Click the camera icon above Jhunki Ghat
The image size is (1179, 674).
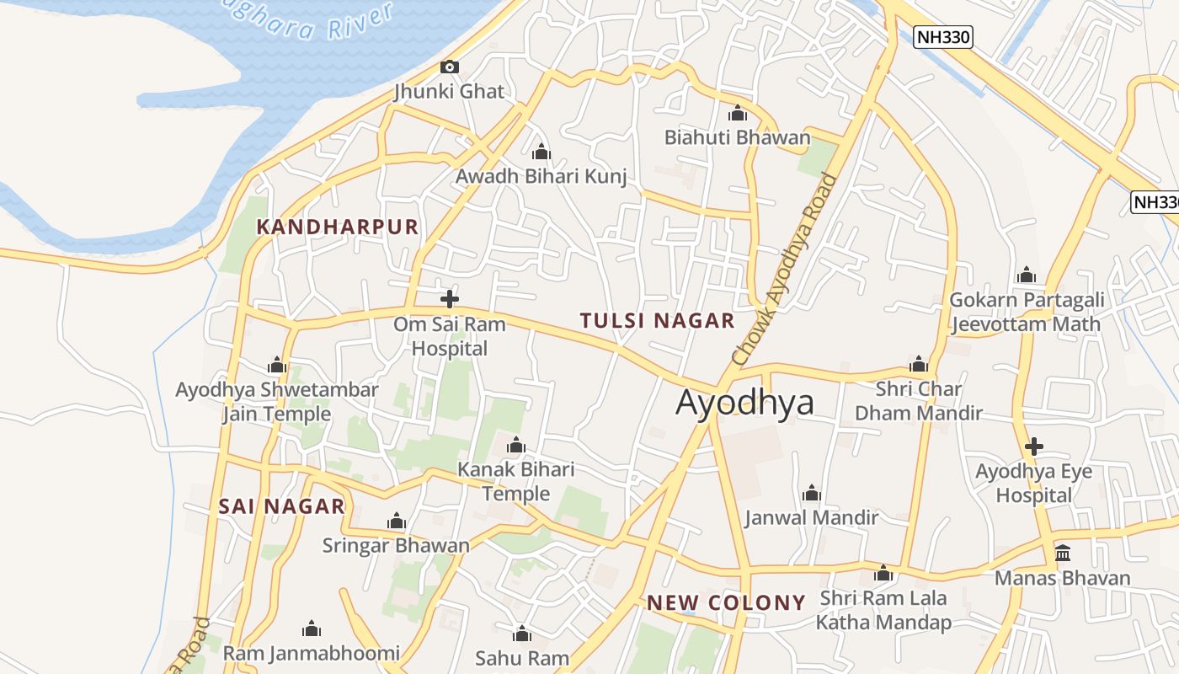pyautogui.click(x=450, y=67)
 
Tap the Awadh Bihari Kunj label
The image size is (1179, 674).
pyautogui.click(x=541, y=177)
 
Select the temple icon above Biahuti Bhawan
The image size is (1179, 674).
pyautogui.click(x=738, y=113)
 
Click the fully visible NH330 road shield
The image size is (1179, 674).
pyautogui.click(x=943, y=37)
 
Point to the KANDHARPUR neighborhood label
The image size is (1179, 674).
pyautogui.click(x=338, y=227)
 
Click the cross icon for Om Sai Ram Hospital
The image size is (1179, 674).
pyautogui.click(x=450, y=298)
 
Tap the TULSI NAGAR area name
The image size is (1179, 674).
pyautogui.click(x=658, y=320)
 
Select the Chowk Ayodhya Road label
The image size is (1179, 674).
pyautogui.click(x=785, y=270)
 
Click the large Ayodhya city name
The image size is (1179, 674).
pyautogui.click(x=745, y=403)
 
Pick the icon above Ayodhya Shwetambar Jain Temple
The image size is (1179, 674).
pyautogui.click(x=276, y=365)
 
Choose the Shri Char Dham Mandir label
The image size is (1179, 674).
pyautogui.click(x=919, y=401)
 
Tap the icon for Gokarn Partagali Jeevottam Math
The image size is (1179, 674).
pyautogui.click(x=1026, y=275)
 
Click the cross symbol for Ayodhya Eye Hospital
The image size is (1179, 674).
pyautogui.click(x=1034, y=447)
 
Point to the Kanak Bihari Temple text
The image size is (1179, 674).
pyautogui.click(x=515, y=481)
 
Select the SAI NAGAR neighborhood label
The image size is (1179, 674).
pyautogui.click(x=282, y=506)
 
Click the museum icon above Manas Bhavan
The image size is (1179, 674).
pyautogui.click(x=1063, y=554)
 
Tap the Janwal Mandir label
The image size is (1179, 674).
pyautogui.click(x=812, y=517)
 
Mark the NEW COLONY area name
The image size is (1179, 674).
pyautogui.click(x=727, y=602)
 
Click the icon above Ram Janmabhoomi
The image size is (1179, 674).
pyautogui.click(x=312, y=629)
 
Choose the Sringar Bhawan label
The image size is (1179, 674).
pyautogui.click(x=396, y=545)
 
